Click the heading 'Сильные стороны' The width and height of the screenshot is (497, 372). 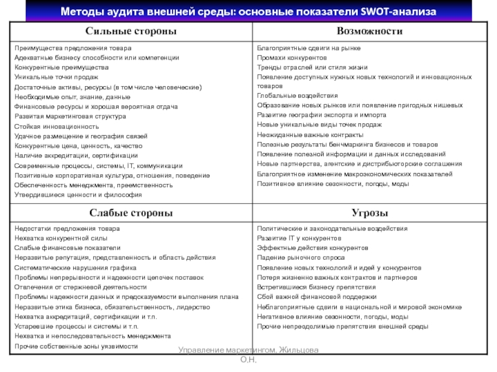pos(130,31)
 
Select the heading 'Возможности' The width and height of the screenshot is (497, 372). pos(369,31)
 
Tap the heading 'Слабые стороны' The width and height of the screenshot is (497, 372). pos(130,213)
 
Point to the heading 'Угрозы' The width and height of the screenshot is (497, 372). pos(369,213)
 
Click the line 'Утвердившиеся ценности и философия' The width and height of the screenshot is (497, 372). pos(78,195)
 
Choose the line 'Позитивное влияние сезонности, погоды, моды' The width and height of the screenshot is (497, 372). pos(333,184)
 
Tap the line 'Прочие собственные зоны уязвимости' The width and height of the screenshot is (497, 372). pos(76,345)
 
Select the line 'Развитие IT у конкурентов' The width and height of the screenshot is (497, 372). pos(299,238)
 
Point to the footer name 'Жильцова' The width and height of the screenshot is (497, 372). pos(298,351)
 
